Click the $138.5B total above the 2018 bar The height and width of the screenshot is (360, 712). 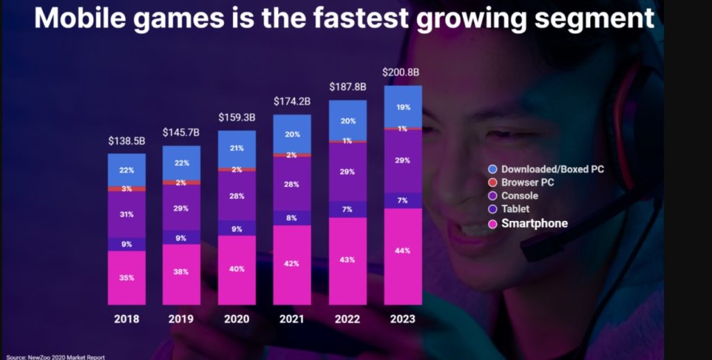pos(127,140)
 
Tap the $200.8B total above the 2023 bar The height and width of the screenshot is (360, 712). pos(402,72)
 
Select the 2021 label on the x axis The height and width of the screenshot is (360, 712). pos(292,319)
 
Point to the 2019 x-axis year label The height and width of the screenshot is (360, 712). pos(181,319)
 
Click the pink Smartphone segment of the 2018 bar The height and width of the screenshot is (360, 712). pos(127,277)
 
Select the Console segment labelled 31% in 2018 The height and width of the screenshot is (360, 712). pos(127,214)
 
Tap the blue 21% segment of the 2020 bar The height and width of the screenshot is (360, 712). pos(236,149)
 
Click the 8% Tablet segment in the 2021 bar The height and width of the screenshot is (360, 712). pos(292,218)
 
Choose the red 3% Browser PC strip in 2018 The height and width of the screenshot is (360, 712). pos(127,188)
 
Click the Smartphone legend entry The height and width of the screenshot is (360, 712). pos(534,223)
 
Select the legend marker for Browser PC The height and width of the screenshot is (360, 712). pos(493,183)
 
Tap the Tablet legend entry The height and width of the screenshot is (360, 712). pos(515,208)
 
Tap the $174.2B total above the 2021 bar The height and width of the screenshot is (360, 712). pos(292,101)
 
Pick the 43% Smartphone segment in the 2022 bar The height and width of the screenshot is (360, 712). pos(348,260)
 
